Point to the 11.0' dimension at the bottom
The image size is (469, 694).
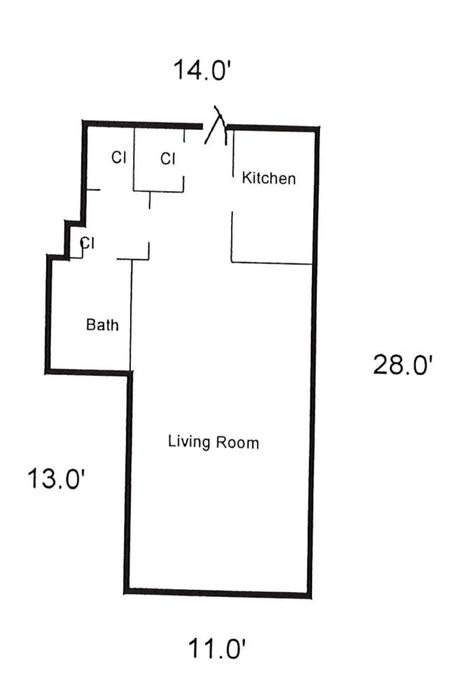coord(217,649)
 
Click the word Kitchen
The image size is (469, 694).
coord(269,178)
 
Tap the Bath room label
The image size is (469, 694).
coord(102,325)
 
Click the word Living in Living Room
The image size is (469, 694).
coord(189,442)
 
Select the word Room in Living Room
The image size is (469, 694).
coord(238,443)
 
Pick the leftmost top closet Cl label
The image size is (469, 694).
coord(119,157)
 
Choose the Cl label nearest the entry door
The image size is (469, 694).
coord(168,159)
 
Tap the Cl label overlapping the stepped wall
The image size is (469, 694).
coord(87,243)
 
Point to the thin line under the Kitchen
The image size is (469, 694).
coord(272,262)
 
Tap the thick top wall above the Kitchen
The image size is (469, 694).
coord(273,128)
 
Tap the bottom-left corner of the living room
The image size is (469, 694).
coord(127,591)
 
